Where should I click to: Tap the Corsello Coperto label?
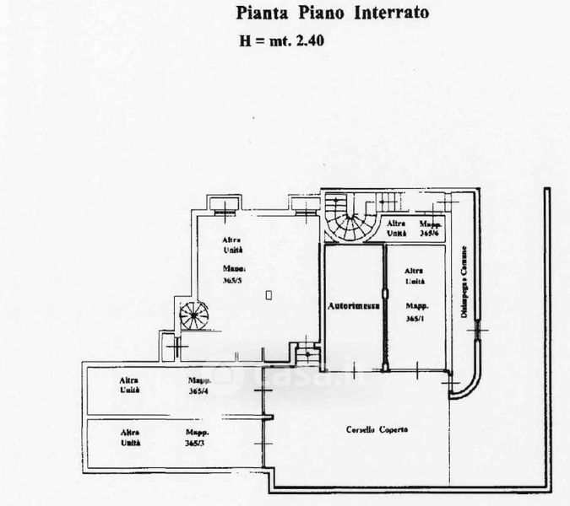point(377,430)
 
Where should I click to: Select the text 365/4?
point(199,390)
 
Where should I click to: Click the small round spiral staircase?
point(194,316)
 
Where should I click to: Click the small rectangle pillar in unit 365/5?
point(269,294)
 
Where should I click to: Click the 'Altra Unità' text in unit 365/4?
point(129,385)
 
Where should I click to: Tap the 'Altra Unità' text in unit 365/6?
point(397,229)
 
